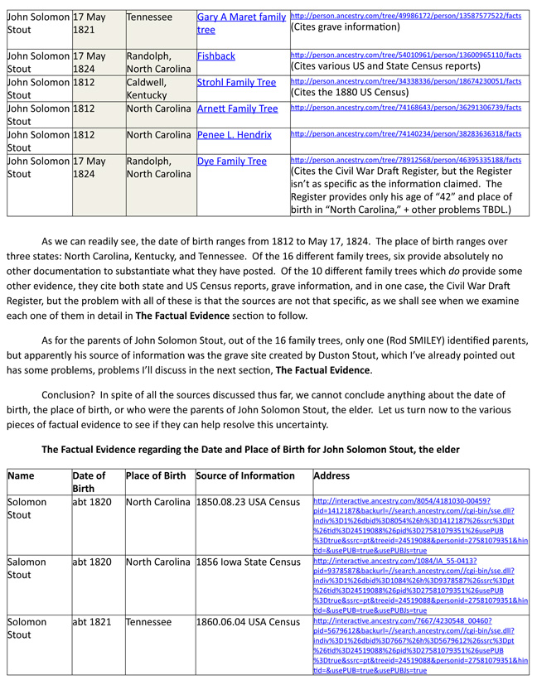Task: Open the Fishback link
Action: (216, 56)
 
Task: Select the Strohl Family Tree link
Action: (236, 83)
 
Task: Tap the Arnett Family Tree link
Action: (237, 109)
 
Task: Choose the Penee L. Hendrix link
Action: (235, 134)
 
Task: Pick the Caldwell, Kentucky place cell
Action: (152, 89)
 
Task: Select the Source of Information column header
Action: (245, 476)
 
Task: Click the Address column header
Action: (332, 476)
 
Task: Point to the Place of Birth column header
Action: (156, 476)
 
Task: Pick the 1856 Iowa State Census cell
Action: (248, 562)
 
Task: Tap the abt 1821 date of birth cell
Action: (92, 621)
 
